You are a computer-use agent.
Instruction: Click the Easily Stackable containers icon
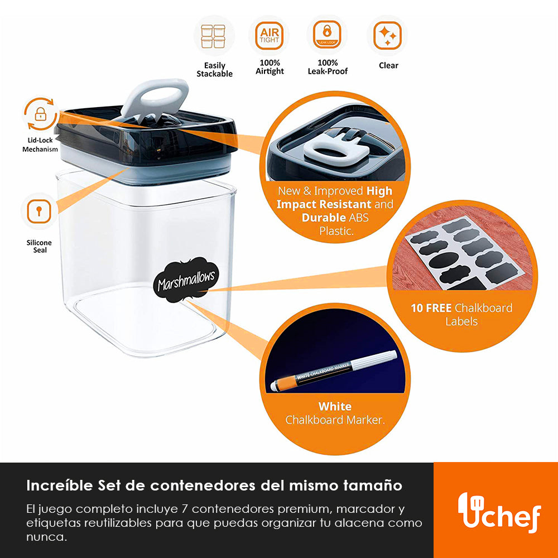point(213,36)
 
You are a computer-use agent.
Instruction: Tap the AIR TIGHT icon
point(270,36)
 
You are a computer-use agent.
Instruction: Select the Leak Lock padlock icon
point(327,35)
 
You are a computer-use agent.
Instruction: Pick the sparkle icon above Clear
point(387,35)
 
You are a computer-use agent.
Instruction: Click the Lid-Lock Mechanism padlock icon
point(40,114)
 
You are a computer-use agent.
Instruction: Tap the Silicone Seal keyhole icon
point(39,211)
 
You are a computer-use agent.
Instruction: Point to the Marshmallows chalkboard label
point(186,280)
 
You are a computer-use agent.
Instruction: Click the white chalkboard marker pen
point(334,371)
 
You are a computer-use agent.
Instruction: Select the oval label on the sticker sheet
point(444,260)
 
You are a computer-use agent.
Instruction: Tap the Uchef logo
point(499,512)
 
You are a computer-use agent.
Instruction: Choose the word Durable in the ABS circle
point(324,218)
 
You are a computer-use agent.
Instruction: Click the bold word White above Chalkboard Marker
point(335,406)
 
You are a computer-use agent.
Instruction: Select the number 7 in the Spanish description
point(184,509)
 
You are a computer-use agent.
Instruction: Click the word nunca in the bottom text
point(47,537)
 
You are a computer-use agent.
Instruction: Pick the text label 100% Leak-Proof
point(328,68)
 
